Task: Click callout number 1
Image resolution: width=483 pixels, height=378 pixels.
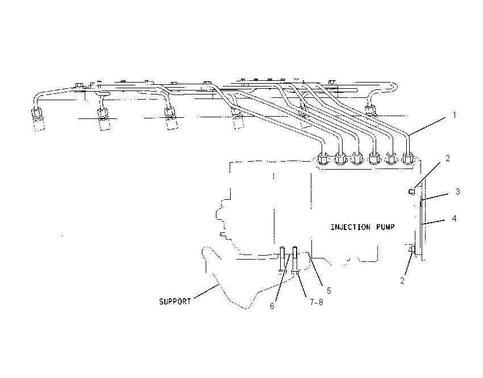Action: tap(455, 115)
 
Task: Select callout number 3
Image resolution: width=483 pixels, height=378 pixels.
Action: tap(458, 192)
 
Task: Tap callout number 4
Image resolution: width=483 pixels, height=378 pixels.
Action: tap(455, 219)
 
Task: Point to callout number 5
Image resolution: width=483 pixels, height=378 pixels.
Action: tap(328, 291)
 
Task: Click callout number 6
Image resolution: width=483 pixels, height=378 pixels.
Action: tap(272, 306)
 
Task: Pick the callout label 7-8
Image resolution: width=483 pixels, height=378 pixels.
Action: tap(317, 302)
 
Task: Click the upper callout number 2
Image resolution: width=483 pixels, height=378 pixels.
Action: tap(448, 158)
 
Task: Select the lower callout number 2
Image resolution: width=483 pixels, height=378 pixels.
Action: tap(402, 281)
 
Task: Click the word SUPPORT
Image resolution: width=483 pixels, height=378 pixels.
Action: tap(175, 302)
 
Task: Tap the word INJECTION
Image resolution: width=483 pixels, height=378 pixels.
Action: tap(351, 227)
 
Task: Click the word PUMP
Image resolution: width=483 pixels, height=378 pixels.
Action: tap(385, 227)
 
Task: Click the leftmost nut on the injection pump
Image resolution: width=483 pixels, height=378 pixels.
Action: tap(323, 159)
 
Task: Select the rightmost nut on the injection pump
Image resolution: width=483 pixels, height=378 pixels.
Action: tap(407, 158)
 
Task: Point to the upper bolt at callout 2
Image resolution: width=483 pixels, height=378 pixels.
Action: tap(412, 192)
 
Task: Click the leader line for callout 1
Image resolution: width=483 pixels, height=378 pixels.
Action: tap(427, 126)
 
